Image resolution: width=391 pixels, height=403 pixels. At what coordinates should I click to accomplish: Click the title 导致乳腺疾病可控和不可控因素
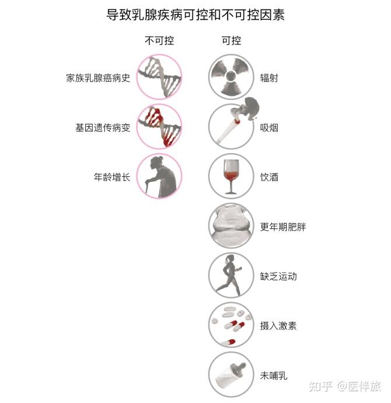click(195, 15)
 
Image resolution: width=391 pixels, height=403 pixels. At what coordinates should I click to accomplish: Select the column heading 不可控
click(159, 41)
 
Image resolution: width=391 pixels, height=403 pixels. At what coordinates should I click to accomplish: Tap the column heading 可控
click(231, 41)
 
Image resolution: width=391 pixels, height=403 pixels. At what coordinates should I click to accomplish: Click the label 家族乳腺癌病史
click(98, 78)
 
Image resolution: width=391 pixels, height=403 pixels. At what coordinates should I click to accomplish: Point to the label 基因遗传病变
click(103, 127)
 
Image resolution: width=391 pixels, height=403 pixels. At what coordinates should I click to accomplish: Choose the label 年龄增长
click(112, 177)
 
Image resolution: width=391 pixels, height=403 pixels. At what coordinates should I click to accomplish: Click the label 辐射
click(269, 78)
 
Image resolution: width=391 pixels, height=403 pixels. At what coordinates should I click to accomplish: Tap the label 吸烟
click(269, 127)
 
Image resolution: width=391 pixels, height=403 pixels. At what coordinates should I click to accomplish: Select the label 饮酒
click(269, 177)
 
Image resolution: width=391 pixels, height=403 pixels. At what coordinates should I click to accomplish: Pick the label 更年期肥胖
click(283, 227)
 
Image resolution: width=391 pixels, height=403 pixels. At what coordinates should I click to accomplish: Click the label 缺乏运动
click(278, 276)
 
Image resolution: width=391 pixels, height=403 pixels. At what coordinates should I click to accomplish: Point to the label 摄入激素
click(278, 326)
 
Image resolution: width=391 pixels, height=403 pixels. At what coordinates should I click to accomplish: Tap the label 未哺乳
click(274, 376)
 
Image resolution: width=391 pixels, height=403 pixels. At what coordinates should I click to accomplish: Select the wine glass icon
click(231, 176)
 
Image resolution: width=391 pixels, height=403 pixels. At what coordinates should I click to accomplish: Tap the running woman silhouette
click(229, 275)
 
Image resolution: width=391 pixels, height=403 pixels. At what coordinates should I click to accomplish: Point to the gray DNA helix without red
click(159, 77)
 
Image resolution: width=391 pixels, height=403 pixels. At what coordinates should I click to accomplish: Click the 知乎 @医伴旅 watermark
click(345, 386)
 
